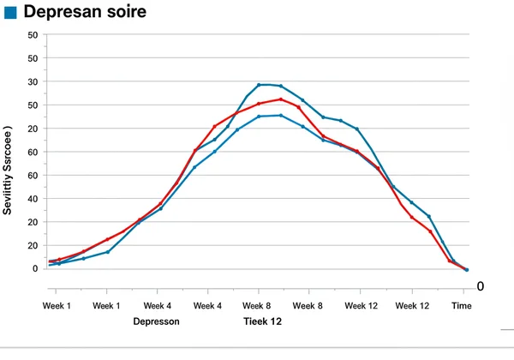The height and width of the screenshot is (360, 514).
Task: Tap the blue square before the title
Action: point(11,12)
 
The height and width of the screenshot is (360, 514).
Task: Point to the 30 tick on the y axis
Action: point(33,82)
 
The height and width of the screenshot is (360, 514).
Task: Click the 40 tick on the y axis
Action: point(33,199)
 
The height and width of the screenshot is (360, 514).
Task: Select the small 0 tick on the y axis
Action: point(35,268)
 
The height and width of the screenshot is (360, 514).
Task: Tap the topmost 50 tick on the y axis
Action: point(33,35)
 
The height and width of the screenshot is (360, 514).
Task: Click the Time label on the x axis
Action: point(461,305)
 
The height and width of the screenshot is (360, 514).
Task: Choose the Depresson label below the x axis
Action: point(157,322)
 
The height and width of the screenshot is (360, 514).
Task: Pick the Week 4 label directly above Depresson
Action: point(157,305)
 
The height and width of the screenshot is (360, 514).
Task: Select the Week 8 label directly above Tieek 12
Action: point(258,305)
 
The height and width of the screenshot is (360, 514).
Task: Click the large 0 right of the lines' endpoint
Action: point(481,285)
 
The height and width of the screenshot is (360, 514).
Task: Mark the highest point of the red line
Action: point(280,99)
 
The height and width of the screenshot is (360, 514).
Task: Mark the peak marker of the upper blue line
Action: point(260,85)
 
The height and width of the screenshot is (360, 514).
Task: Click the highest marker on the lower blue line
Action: point(280,115)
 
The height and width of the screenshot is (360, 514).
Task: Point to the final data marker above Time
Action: point(466,269)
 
